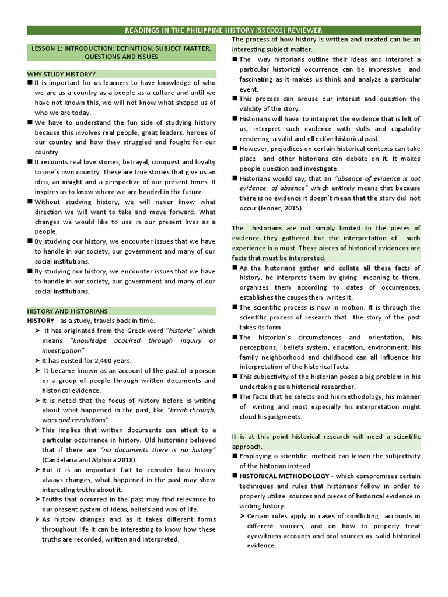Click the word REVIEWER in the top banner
coord(302,30)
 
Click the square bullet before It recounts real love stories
coord(29,161)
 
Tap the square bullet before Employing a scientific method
coord(235,456)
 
